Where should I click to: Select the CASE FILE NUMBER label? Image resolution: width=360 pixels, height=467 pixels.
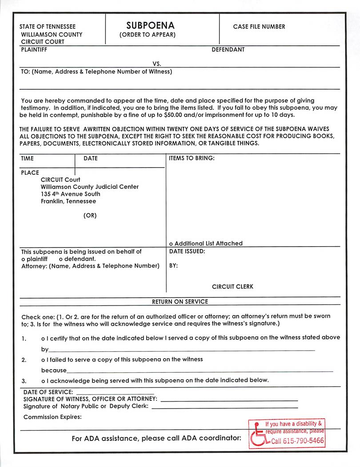(x=259, y=27)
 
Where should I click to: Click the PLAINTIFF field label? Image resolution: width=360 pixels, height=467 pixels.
(x=34, y=49)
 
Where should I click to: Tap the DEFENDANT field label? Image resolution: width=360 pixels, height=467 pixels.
(x=228, y=49)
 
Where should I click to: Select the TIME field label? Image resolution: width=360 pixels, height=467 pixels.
(x=28, y=158)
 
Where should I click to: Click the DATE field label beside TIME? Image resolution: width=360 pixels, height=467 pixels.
(x=91, y=158)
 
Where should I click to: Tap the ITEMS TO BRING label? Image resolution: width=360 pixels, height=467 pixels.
(x=192, y=158)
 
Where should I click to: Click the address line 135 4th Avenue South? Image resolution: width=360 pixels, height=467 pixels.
(x=71, y=194)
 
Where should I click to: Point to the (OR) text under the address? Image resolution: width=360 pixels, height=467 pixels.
(x=90, y=216)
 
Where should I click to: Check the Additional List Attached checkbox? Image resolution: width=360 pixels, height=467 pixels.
(x=172, y=243)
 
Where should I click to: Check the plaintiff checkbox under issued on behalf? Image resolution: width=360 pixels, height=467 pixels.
(x=23, y=259)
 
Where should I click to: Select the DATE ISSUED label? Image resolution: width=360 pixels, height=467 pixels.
(x=187, y=251)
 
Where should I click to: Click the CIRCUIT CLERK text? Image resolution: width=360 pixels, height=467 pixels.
(x=232, y=287)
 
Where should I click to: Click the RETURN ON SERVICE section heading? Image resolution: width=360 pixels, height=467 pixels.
(x=180, y=301)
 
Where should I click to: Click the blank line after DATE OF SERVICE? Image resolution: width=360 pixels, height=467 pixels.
(x=115, y=393)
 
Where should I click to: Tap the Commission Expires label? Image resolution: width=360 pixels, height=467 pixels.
(x=52, y=417)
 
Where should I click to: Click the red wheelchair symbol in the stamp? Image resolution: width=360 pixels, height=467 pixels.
(x=257, y=435)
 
